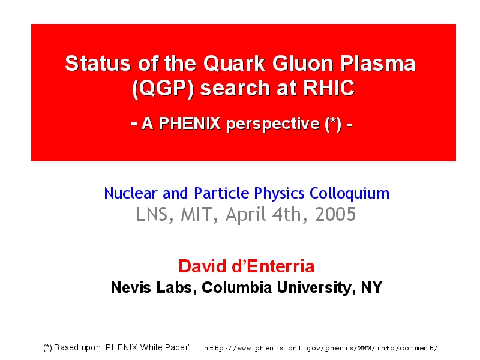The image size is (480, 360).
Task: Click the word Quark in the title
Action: coord(234,64)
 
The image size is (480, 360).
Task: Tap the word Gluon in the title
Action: coord(302,64)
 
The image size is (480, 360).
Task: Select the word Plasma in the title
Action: coord(378,64)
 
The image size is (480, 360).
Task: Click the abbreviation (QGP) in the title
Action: coord(163,88)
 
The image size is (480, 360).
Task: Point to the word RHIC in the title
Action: coord(328,88)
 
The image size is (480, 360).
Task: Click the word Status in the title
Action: coord(98,64)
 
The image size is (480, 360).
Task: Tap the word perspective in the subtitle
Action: coord(273,124)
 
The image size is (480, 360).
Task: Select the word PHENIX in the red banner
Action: coord(190,124)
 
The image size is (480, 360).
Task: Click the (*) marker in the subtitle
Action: coord(333,124)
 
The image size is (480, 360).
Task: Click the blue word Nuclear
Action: coord(131,193)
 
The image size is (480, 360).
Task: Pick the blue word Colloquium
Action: coord(349,193)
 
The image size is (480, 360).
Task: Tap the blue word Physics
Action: coord(279,194)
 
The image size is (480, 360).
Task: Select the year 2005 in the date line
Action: coord(335,214)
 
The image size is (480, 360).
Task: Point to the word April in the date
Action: coord(246,214)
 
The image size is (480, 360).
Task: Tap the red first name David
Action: coord(203,266)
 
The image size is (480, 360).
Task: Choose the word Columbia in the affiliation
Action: coord(236,287)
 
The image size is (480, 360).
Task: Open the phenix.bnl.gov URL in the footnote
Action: coord(320,349)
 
